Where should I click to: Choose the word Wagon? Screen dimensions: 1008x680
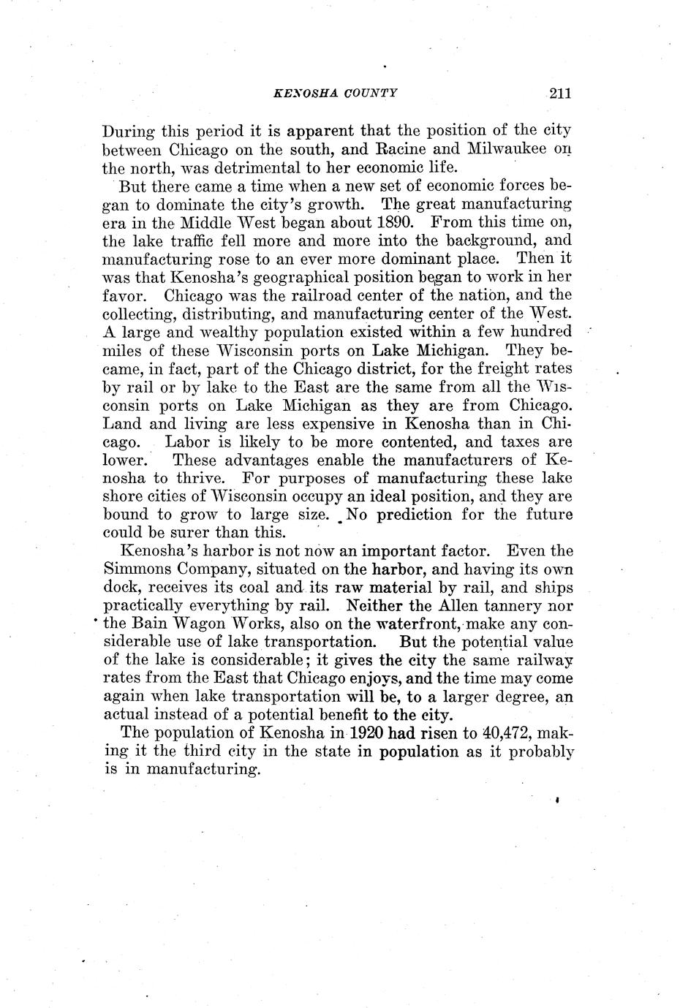200,624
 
